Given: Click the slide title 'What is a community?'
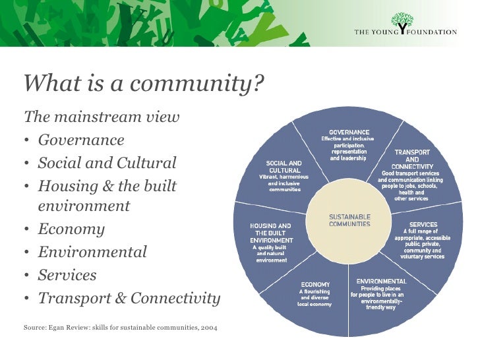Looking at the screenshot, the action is click(144, 84).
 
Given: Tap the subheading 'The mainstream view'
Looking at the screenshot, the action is click(102, 117).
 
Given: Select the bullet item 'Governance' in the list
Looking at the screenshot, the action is click(80, 140).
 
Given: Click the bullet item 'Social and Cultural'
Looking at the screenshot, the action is click(107, 163).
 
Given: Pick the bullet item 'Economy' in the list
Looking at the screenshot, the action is click(71, 229).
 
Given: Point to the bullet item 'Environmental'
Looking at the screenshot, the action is click(92, 252).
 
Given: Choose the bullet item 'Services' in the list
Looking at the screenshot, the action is click(67, 275).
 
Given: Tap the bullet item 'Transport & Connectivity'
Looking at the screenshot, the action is click(129, 298).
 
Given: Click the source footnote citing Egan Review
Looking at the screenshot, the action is click(121, 326).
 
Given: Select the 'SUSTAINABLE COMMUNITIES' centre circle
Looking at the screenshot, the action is click(349, 220).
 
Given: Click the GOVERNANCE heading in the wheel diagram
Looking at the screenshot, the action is click(349, 132).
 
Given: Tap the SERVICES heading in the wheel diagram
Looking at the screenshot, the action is click(423, 225).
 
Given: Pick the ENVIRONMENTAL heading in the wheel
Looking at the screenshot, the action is click(381, 282).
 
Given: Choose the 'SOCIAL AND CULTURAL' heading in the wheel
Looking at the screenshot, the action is click(284, 166).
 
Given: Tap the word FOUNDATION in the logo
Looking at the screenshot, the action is click(433, 31).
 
